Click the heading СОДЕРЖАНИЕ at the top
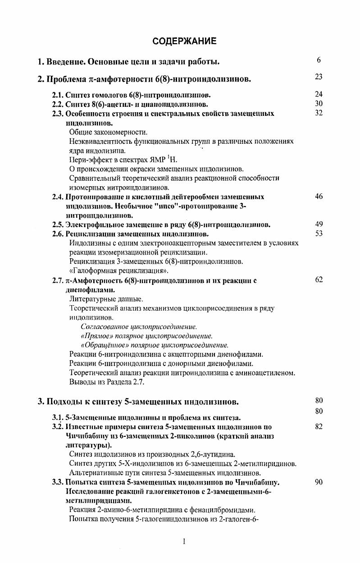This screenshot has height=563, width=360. click(x=184, y=41)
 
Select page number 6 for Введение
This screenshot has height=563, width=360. click(x=319, y=60)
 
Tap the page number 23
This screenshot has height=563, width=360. click(x=319, y=77)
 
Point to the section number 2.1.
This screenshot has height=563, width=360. click(x=58, y=95)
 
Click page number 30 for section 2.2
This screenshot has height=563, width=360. click(x=319, y=104)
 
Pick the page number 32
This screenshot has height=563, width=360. click(x=319, y=113)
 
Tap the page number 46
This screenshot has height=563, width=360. click(x=319, y=197)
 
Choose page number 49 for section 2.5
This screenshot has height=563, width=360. click(x=319, y=224)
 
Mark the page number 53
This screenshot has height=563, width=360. click(x=319, y=233)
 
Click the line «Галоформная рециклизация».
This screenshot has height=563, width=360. click(x=119, y=271)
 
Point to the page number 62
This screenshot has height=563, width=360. click(x=319, y=280)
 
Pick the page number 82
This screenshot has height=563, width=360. click(x=319, y=426)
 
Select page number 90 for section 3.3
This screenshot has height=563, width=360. click(x=319, y=482)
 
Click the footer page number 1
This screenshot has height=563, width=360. click(x=184, y=541)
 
